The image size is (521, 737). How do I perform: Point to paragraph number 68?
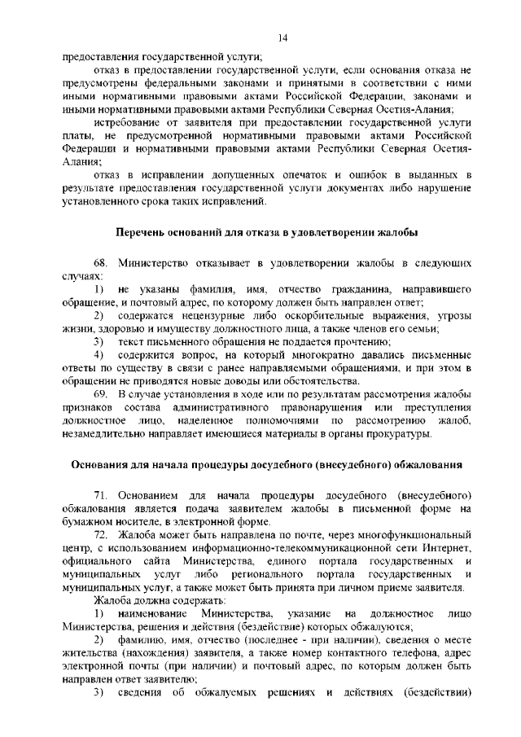coord(101,265)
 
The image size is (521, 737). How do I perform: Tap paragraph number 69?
coord(101,394)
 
